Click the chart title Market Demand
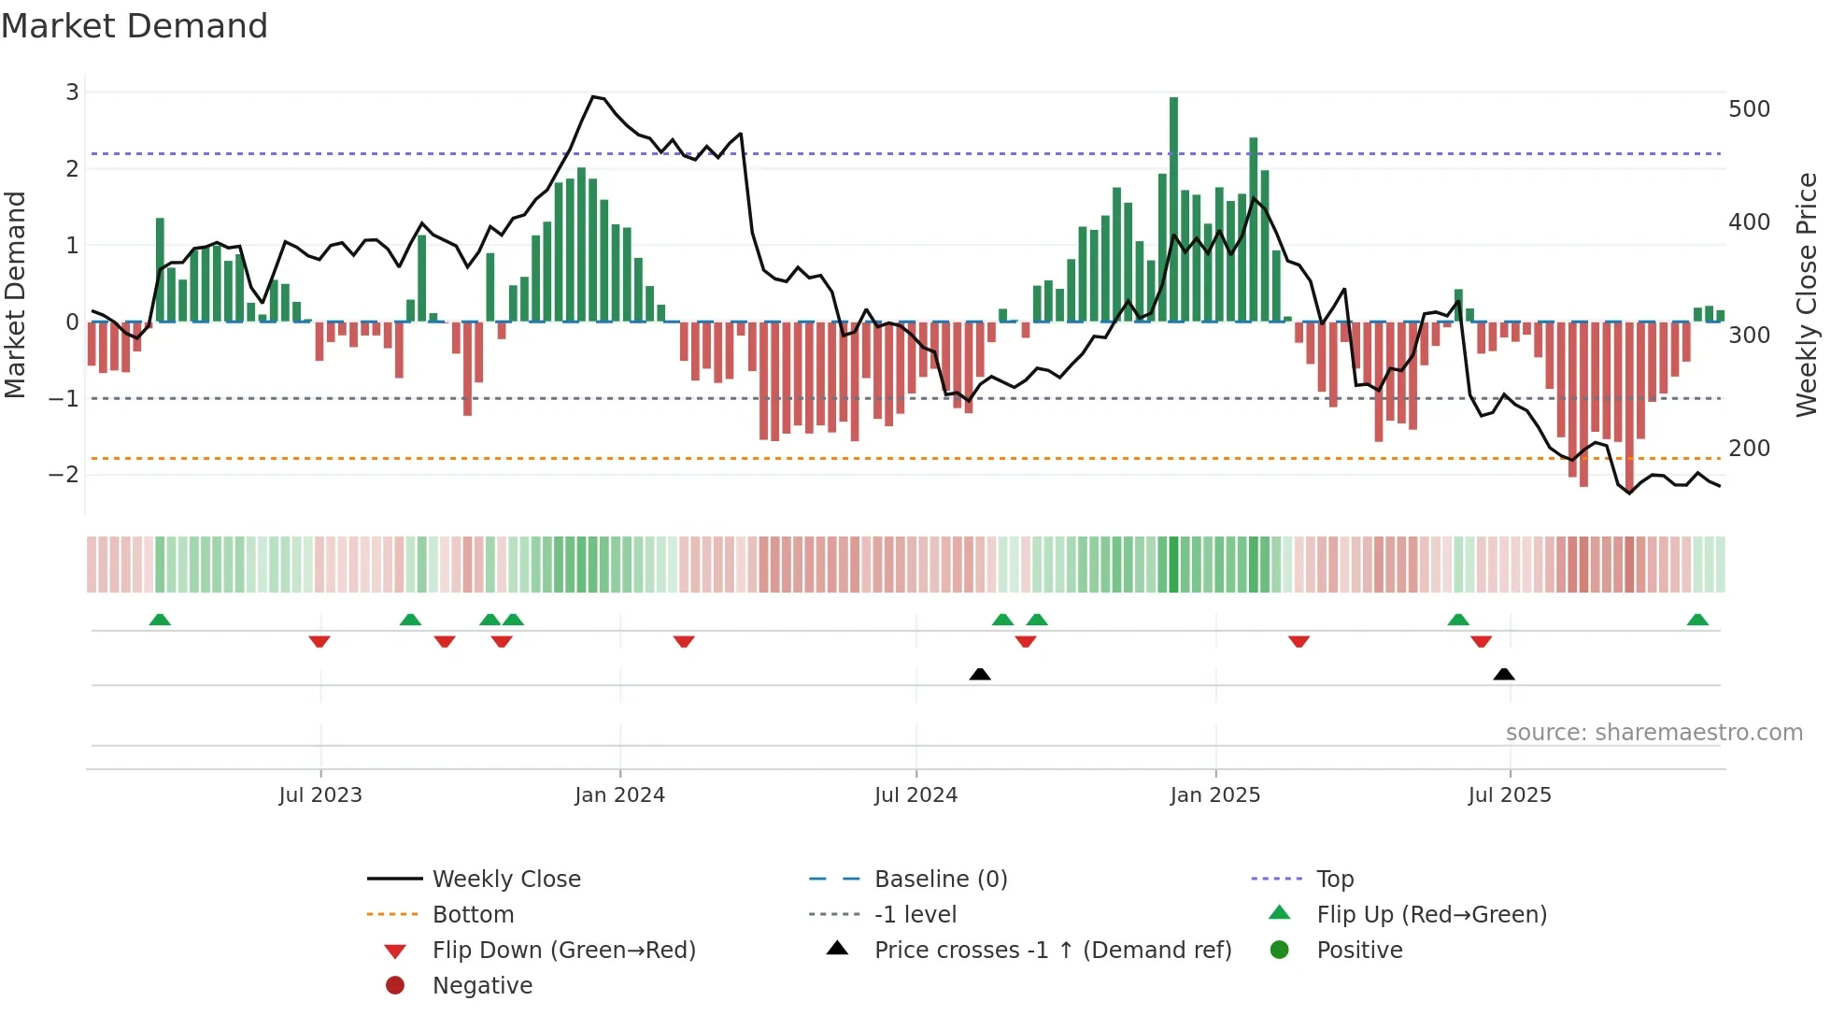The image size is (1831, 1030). click(x=135, y=26)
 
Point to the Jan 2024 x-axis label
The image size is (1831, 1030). click(x=619, y=795)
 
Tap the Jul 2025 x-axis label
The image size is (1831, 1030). click(x=1509, y=795)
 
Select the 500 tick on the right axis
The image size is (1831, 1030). click(x=1749, y=109)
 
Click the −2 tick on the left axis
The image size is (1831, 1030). click(x=64, y=475)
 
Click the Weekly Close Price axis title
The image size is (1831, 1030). click(x=1807, y=294)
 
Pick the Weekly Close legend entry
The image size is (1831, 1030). click(x=505, y=880)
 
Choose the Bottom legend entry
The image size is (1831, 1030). click(x=473, y=915)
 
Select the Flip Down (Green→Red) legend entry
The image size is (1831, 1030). click(x=563, y=951)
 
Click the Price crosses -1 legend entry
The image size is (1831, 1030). click(x=1052, y=951)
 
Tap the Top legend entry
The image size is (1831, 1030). click(x=1334, y=880)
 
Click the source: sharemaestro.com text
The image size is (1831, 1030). click(x=1654, y=733)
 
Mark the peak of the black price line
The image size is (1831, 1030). click(x=593, y=96)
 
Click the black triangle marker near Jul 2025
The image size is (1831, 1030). click(x=1503, y=675)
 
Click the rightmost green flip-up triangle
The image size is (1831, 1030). click(x=1697, y=620)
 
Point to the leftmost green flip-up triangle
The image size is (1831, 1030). click(x=160, y=620)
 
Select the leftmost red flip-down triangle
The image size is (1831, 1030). click(x=319, y=641)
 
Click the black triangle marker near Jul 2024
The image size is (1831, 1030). click(x=979, y=675)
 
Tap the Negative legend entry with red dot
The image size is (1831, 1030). click(x=481, y=986)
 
